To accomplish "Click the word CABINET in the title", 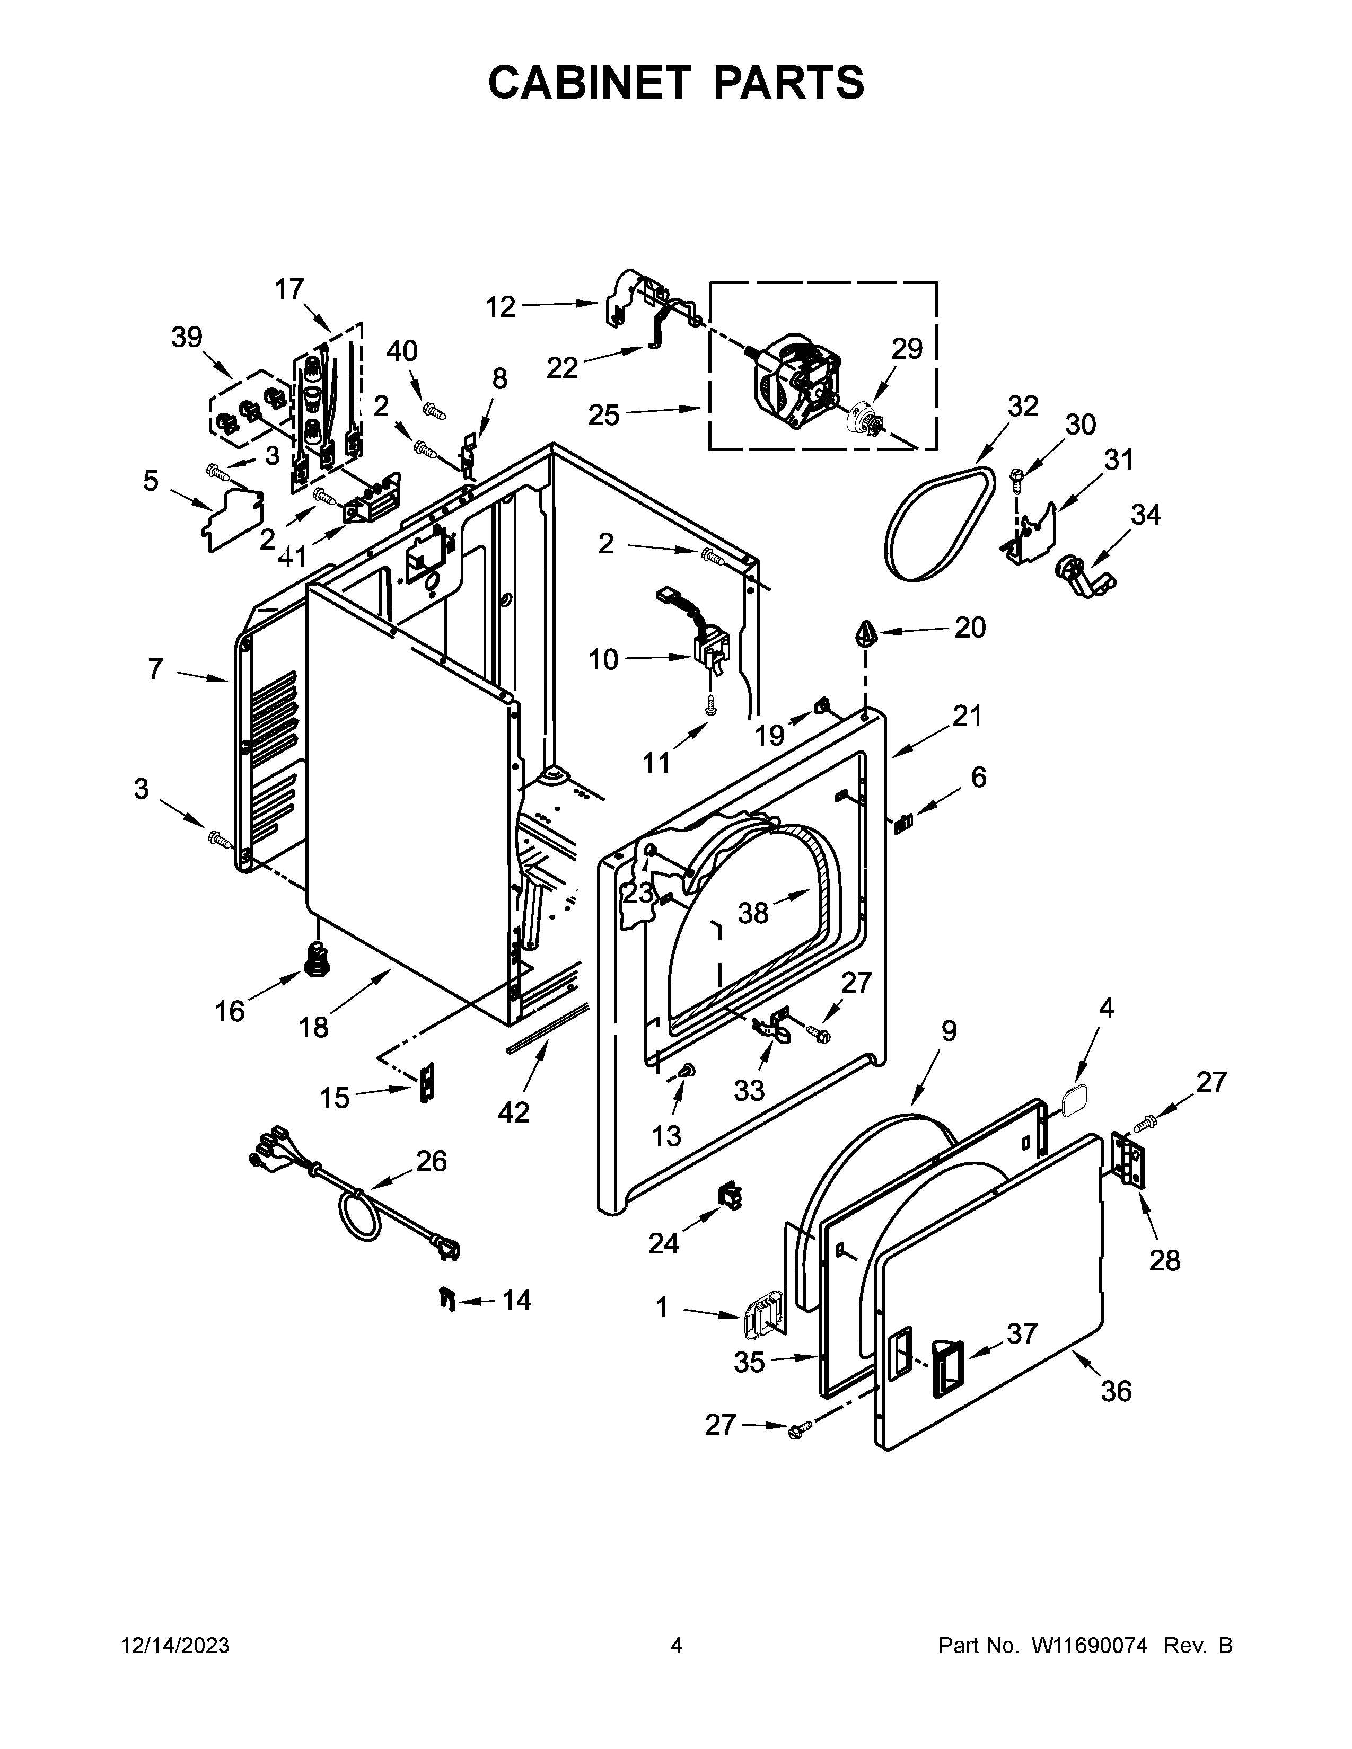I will pyautogui.click(x=589, y=83).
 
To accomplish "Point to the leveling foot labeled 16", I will pyautogui.click(x=319, y=958).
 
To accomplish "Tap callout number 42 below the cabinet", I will pyautogui.click(x=513, y=1111).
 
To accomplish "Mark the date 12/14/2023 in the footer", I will pyautogui.click(x=175, y=1645).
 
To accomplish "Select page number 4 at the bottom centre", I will pyautogui.click(x=676, y=1645).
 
